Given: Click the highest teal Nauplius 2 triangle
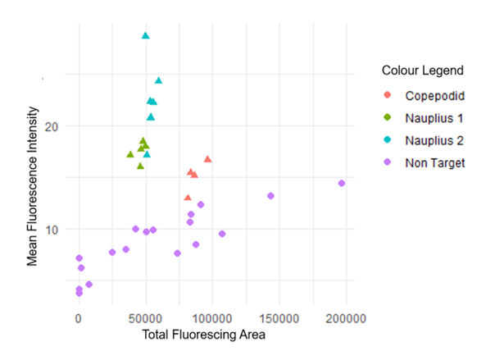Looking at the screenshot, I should (x=146, y=36).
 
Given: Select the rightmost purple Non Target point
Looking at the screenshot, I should (x=342, y=184).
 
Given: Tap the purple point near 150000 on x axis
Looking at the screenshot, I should (x=270, y=196).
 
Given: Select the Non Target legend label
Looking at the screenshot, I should (x=435, y=162).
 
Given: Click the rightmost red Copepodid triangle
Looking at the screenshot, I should (x=208, y=159).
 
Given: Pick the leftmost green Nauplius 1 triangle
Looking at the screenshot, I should (x=130, y=154).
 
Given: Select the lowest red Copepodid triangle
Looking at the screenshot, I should (x=188, y=198).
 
